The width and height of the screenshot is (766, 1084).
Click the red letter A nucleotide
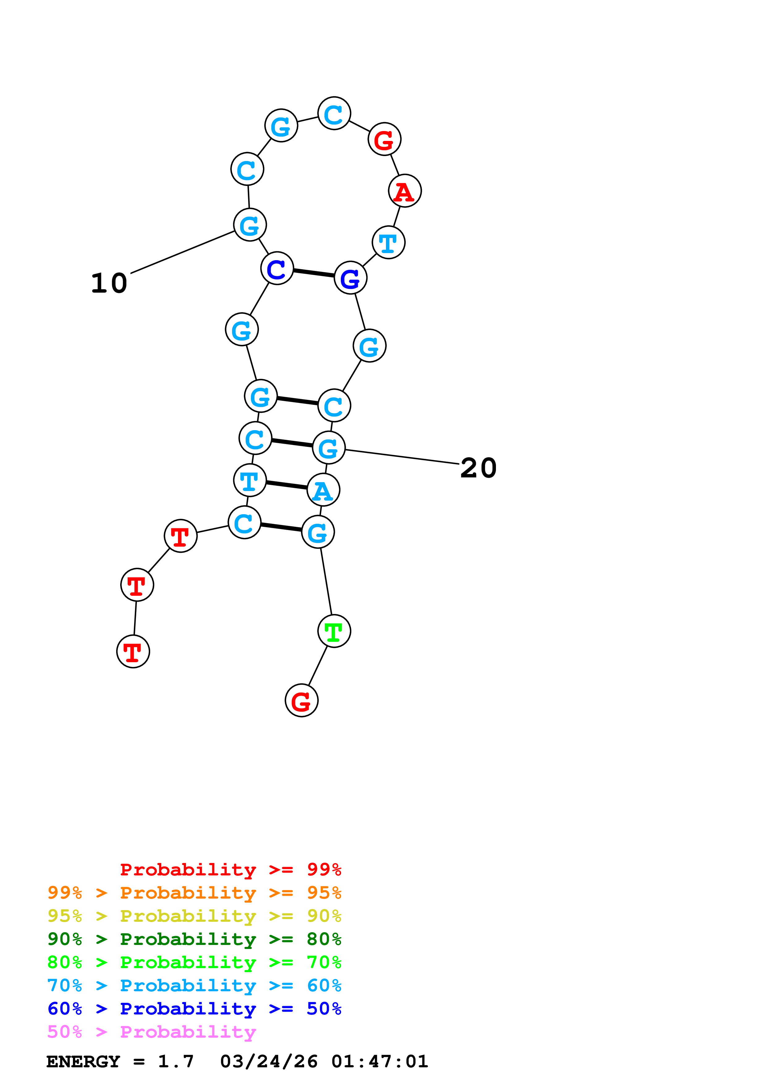click(404, 191)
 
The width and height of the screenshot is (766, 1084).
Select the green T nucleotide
click(334, 631)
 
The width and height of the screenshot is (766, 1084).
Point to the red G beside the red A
click(384, 139)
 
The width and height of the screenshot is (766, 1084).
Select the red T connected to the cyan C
click(180, 536)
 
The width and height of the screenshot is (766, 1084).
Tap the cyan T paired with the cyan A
click(250, 481)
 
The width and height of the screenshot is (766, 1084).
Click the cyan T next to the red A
click(388, 243)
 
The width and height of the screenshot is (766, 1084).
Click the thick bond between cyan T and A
click(286, 485)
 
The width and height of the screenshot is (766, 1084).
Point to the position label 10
click(109, 283)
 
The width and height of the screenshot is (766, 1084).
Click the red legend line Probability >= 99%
click(230, 870)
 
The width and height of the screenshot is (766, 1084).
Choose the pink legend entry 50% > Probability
click(151, 1032)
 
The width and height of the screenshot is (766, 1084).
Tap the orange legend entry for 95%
click(194, 893)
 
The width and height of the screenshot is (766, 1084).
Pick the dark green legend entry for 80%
click(194, 939)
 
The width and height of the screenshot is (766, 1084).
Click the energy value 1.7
click(176, 1061)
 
